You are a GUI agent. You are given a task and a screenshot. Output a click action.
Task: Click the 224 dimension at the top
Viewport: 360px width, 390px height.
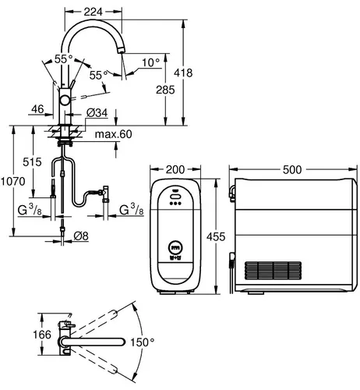pyautogui.click(x=94, y=12)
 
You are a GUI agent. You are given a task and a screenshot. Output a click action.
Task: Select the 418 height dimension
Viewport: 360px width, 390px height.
pyautogui.click(x=183, y=73)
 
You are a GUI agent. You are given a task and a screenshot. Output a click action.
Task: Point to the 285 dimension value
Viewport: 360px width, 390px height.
pyautogui.click(x=165, y=90)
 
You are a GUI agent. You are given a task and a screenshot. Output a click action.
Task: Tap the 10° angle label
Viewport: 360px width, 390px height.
pyautogui.click(x=150, y=62)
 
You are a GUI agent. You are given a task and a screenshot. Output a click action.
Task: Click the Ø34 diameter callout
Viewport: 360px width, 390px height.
pyautogui.click(x=97, y=113)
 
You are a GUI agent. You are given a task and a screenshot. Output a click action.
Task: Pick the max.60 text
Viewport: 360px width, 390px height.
pyautogui.click(x=113, y=134)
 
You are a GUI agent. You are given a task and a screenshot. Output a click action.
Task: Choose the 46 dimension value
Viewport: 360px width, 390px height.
pyautogui.click(x=37, y=109)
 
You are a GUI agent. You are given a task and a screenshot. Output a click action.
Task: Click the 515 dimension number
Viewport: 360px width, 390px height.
pyautogui.click(x=32, y=162)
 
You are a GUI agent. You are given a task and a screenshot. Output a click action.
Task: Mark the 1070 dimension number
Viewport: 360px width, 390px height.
pyautogui.click(x=12, y=181)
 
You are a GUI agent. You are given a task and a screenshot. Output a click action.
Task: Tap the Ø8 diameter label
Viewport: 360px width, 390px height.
pyautogui.click(x=81, y=236)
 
